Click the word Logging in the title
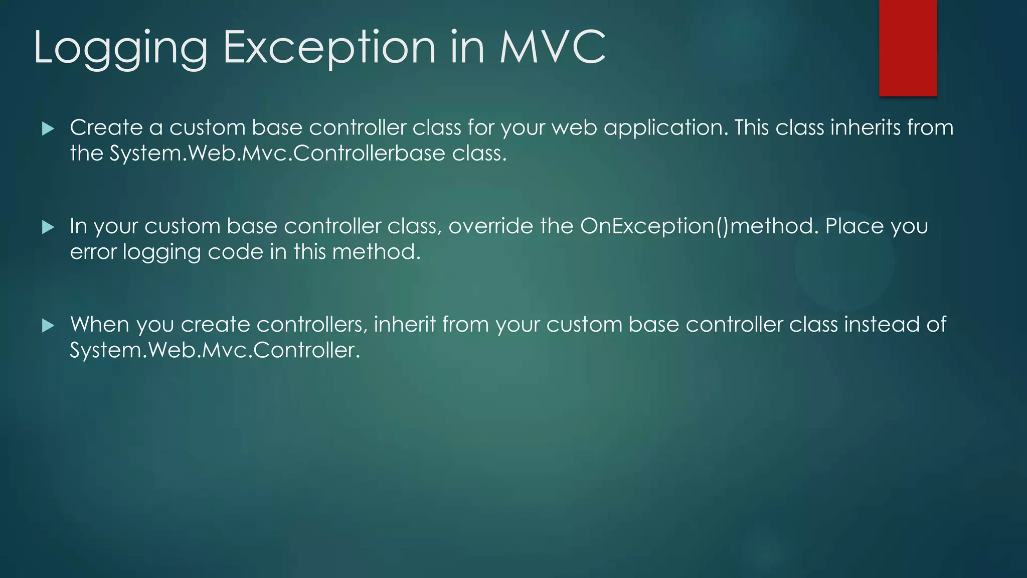tap(120, 48)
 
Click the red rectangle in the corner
tap(908, 48)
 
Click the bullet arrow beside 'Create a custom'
tap(48, 129)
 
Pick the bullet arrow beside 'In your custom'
tap(48, 227)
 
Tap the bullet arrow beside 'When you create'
tap(48, 326)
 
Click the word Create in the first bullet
tap(106, 127)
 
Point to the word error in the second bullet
tap(93, 252)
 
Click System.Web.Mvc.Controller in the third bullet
tap(215, 350)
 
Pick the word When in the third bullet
tap(100, 325)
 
